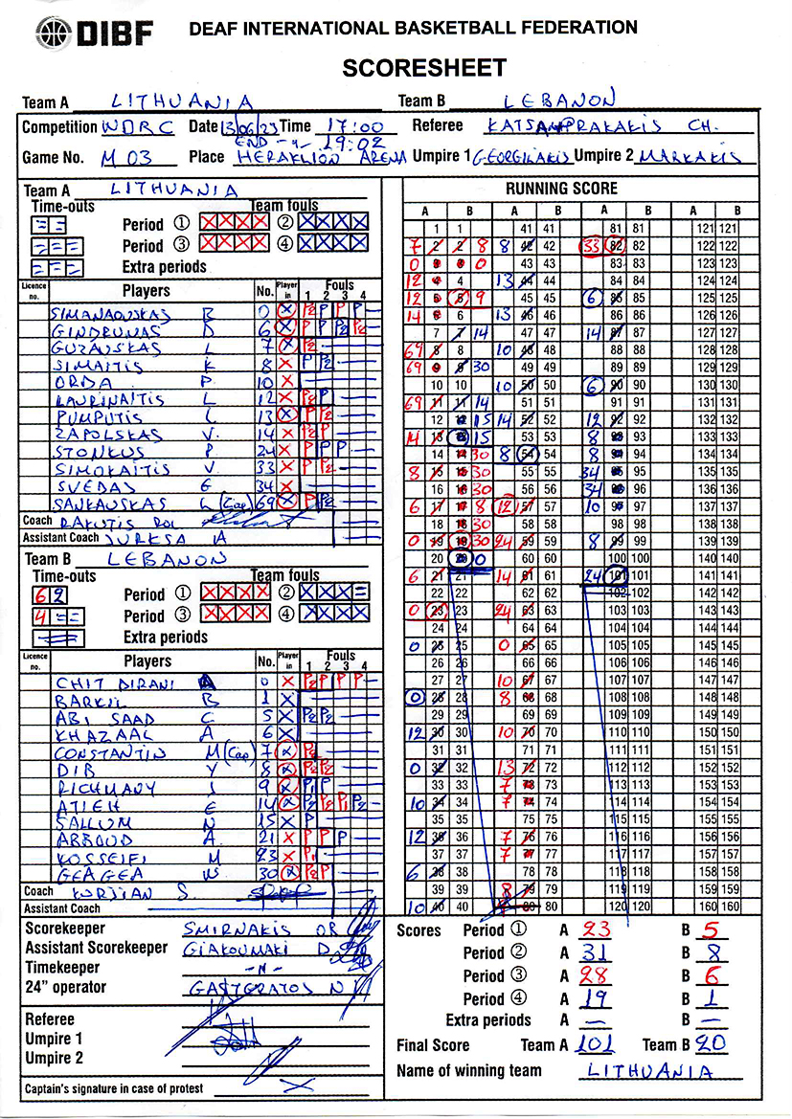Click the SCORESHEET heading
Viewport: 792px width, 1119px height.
click(423, 68)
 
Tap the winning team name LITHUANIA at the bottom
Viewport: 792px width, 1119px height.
click(650, 1071)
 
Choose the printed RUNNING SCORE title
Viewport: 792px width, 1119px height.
click(561, 189)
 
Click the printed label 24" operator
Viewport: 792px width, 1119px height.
click(66, 987)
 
